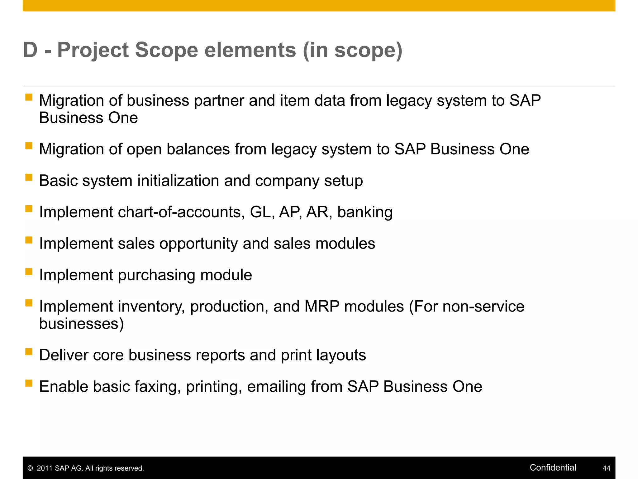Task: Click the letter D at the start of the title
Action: (31, 50)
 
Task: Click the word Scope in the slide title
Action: (166, 50)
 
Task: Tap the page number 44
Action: (606, 468)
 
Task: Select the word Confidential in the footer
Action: (553, 467)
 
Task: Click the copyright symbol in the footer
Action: (30, 468)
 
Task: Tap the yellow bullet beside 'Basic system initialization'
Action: (29, 177)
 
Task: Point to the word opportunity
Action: (198, 244)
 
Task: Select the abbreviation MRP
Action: (322, 306)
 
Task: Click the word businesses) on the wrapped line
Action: (81, 324)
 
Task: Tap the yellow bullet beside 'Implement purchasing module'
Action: (29, 271)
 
